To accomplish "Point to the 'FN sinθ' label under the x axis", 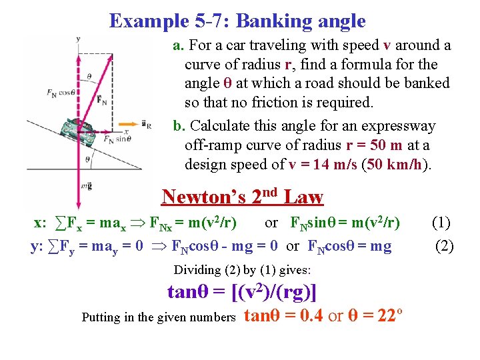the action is click(x=117, y=139).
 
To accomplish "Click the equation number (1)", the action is click(x=443, y=223).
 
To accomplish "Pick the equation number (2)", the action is click(x=443, y=246).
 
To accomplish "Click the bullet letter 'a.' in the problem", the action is click(x=179, y=46).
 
